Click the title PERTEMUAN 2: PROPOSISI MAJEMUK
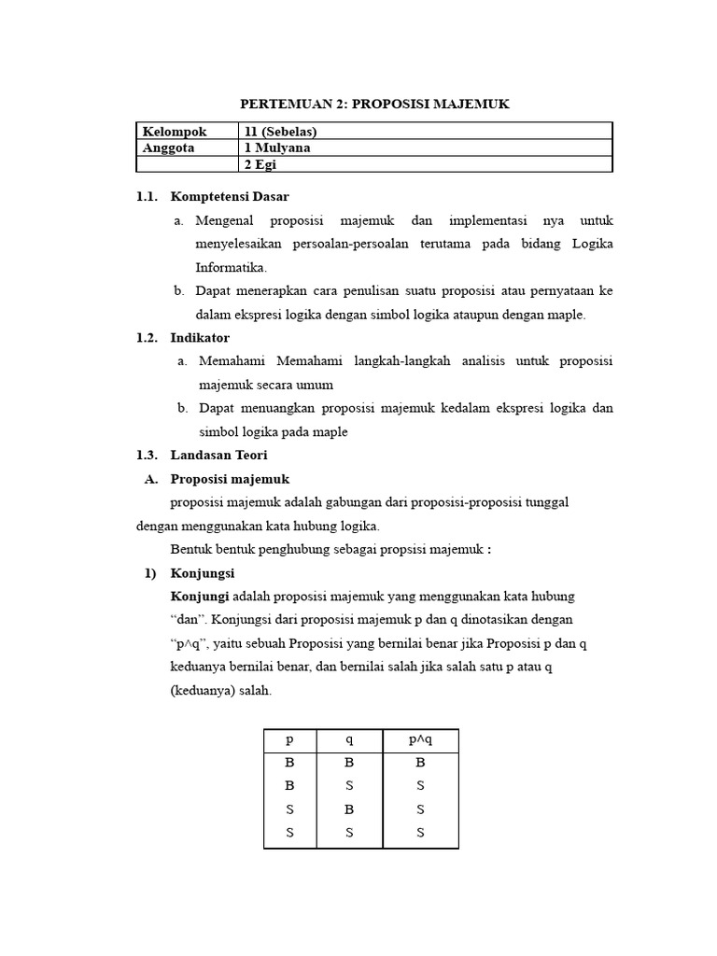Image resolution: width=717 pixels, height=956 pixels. coord(374,105)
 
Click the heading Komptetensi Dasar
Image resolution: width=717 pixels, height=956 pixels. coord(230,197)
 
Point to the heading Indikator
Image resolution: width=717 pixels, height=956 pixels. coord(200,337)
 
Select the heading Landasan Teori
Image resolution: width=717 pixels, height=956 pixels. coord(218,455)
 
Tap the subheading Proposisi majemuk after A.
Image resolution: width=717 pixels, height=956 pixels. coord(231,479)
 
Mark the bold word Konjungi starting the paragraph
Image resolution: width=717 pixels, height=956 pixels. coord(200,596)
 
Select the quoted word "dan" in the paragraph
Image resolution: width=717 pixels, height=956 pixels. coord(191,620)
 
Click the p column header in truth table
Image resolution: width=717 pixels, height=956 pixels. coord(289,739)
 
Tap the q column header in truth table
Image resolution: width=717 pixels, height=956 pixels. coord(349,739)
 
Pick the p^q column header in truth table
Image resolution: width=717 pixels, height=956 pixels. coord(420,739)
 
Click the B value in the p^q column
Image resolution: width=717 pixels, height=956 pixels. coord(420,763)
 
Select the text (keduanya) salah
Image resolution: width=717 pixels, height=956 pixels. coord(221,691)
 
